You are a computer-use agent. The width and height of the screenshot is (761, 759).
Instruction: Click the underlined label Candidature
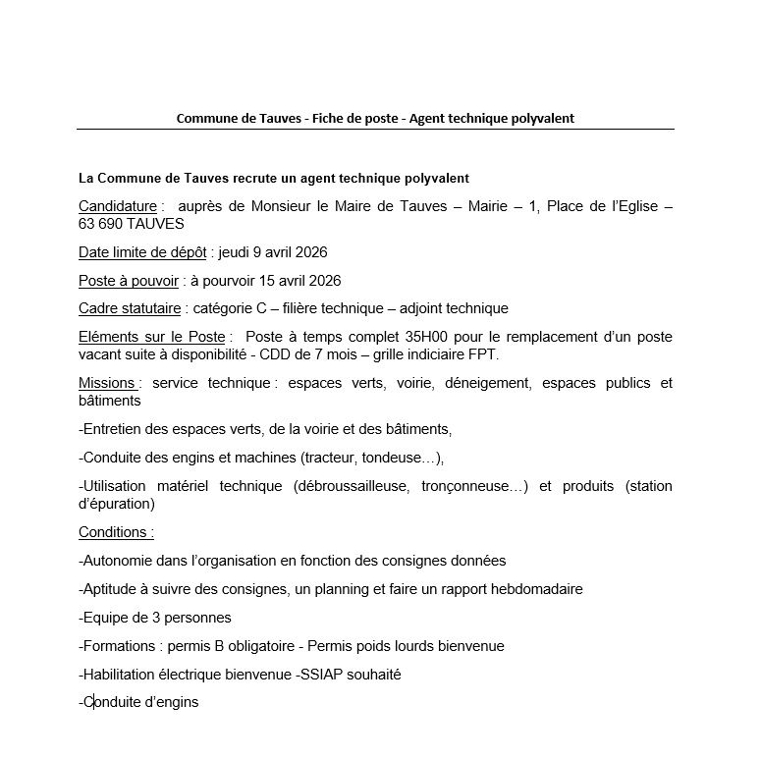tap(118, 206)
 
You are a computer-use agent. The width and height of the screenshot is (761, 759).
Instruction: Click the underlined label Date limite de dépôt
tap(142, 252)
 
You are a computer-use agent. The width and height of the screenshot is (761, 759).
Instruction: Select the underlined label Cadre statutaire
tap(130, 308)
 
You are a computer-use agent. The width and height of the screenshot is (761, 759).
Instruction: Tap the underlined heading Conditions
tap(116, 532)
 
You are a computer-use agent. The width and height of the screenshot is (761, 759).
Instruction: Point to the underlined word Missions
tap(108, 383)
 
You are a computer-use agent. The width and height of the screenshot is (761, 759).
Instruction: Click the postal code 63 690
tap(103, 224)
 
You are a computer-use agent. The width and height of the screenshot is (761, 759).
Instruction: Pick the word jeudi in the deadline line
tap(236, 252)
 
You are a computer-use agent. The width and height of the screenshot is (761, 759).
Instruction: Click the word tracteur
tap(332, 458)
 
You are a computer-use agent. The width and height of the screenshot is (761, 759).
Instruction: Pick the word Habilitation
tap(123, 675)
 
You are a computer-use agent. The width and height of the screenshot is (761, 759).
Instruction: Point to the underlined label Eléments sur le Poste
tap(152, 337)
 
